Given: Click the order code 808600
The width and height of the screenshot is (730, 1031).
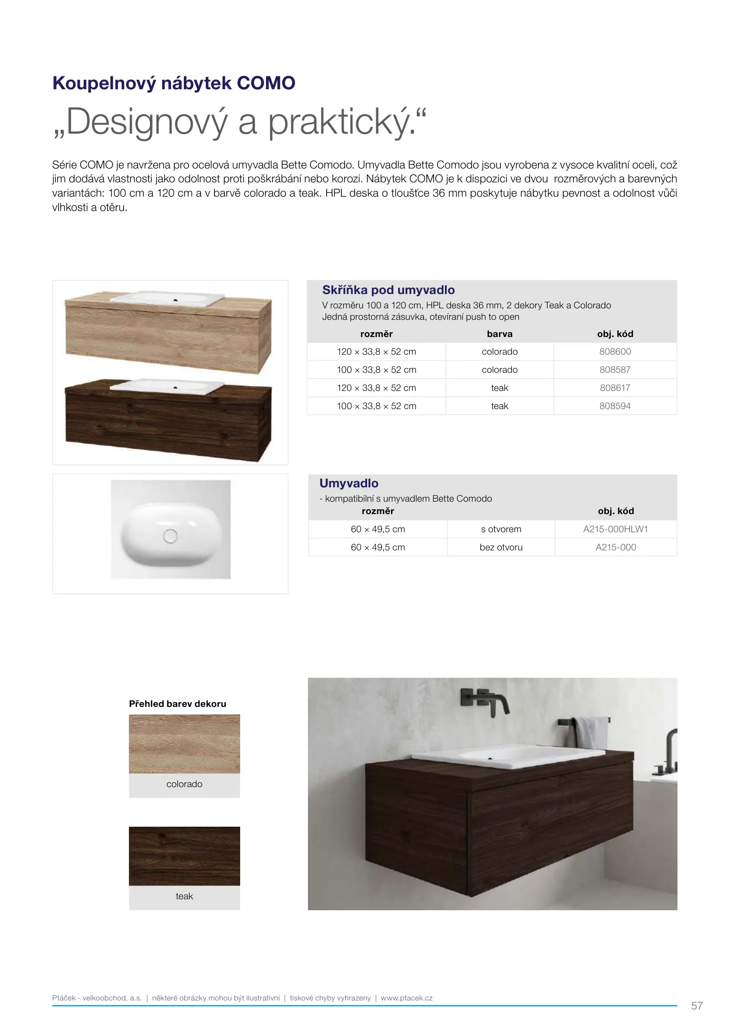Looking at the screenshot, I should (615, 352).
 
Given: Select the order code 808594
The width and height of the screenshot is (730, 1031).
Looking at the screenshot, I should (615, 406).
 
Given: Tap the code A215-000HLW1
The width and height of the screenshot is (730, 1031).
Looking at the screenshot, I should (615, 529).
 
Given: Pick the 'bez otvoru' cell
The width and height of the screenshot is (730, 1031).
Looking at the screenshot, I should (501, 547).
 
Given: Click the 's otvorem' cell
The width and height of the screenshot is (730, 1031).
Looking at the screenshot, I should (501, 529).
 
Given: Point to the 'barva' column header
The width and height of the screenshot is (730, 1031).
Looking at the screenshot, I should (499, 334).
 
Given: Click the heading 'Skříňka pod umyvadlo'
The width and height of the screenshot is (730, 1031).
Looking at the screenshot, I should (388, 290).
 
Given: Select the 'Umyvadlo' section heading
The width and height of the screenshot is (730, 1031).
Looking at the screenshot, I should (349, 484).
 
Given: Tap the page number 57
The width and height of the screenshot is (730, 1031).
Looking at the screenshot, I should (697, 1006).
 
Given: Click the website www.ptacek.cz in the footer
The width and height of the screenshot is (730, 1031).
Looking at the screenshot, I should (406, 998).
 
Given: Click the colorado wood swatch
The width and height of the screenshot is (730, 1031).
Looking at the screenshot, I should (184, 744).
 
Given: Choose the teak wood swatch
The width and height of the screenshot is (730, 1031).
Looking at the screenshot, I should (184, 856).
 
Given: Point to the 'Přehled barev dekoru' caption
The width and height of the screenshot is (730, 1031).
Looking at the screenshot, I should (177, 704).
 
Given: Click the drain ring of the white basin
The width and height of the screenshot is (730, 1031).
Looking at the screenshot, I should (170, 536).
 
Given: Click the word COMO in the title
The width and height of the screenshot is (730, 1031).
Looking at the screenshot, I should (266, 83).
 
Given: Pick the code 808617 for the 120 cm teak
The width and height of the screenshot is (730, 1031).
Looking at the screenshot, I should (615, 388).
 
